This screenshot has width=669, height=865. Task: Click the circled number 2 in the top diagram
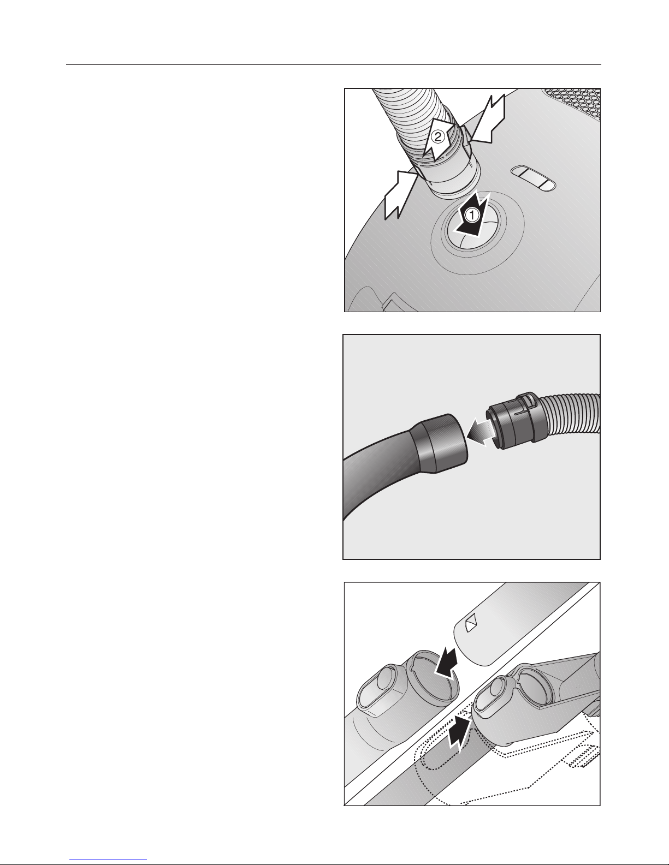tap(437, 138)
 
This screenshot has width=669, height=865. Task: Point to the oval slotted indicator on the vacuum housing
tap(533, 178)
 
